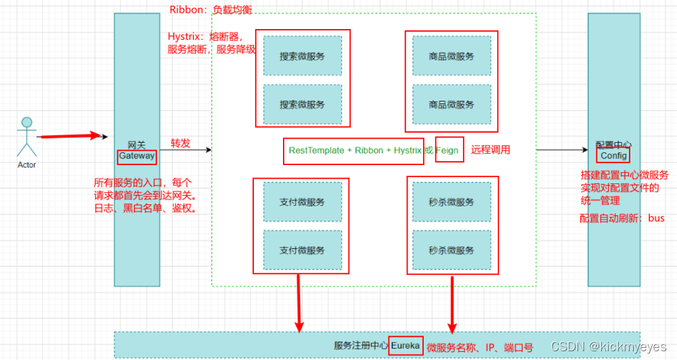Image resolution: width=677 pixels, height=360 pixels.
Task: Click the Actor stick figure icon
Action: [x=27, y=137]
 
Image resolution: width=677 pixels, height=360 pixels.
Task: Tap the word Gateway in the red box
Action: [x=137, y=156]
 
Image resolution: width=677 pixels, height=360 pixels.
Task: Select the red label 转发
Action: [x=181, y=143]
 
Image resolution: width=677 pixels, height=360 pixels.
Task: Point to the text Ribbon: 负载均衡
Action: [x=211, y=10]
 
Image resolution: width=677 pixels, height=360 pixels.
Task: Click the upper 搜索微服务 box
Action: [x=302, y=56]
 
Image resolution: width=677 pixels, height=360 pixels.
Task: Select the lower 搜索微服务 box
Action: [x=302, y=104]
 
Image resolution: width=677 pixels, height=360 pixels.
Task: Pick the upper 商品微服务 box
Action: [x=451, y=56]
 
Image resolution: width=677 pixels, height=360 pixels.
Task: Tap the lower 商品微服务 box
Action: [x=451, y=104]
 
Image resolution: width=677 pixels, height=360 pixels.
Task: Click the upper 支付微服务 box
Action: [x=302, y=202]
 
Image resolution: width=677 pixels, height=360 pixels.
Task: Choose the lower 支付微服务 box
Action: [x=302, y=250]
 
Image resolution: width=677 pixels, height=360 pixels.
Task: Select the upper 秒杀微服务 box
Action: [x=451, y=202]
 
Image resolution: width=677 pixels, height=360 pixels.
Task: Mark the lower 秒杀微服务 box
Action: [x=451, y=250]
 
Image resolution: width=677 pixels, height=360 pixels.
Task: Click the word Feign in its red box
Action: [x=449, y=150]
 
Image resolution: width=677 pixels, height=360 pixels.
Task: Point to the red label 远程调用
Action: [x=491, y=150]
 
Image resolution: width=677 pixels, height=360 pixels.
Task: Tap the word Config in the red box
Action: [x=614, y=156]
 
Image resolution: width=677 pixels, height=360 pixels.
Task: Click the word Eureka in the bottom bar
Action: [x=406, y=345]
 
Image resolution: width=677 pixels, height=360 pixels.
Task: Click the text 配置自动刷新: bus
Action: [x=622, y=218]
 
